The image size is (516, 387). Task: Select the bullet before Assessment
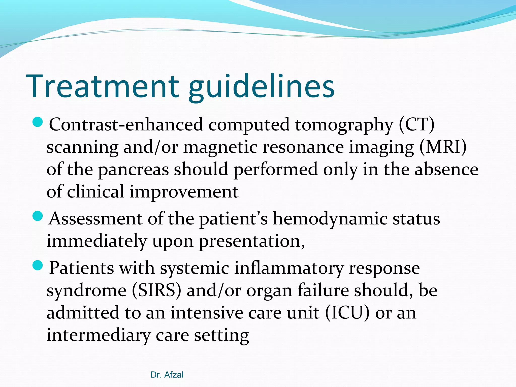coord(38,216)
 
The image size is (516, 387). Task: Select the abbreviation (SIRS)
coord(156,291)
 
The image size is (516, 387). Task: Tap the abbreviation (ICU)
coord(347,313)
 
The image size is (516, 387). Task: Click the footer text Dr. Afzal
coord(167,375)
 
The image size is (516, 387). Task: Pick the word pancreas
coord(133,170)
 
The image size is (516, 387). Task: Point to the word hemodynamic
coord(330,219)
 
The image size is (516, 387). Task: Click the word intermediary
coord(98,335)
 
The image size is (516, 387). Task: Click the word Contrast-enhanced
coord(126,125)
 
